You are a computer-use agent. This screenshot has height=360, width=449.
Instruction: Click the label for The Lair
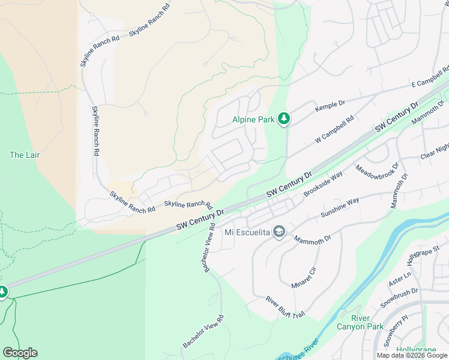click(x=25, y=155)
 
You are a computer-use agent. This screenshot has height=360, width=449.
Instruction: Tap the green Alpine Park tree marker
click(x=284, y=119)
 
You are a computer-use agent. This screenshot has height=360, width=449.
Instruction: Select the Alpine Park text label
click(x=253, y=119)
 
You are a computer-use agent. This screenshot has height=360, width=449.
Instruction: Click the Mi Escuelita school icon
click(x=279, y=232)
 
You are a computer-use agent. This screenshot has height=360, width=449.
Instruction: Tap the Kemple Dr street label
click(x=330, y=107)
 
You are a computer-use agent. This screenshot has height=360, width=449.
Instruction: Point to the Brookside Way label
click(x=323, y=183)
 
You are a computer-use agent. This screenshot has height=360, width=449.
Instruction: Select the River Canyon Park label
click(x=367, y=322)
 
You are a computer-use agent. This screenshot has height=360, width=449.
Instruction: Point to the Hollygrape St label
click(x=420, y=259)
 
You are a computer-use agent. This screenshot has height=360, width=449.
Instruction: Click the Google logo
click(x=20, y=353)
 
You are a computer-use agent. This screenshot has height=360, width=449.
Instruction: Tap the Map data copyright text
click(x=412, y=355)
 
